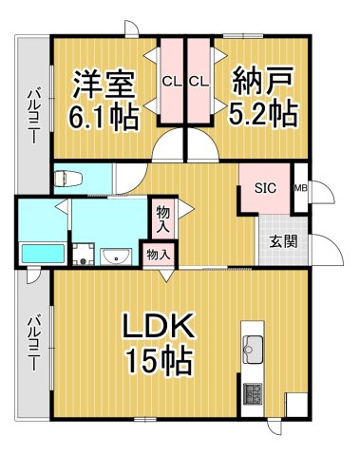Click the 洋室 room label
click(104, 83)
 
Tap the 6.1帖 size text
click(104, 117)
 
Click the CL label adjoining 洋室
click(172, 82)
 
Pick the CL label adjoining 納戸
click(198, 82)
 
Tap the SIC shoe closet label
click(263, 188)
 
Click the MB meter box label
click(300, 188)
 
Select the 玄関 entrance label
click(282, 240)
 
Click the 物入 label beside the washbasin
click(158, 254)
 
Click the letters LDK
click(157, 329)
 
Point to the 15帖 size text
click(157, 362)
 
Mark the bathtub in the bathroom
click(41, 255)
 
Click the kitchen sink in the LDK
click(254, 350)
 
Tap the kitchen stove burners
click(254, 392)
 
